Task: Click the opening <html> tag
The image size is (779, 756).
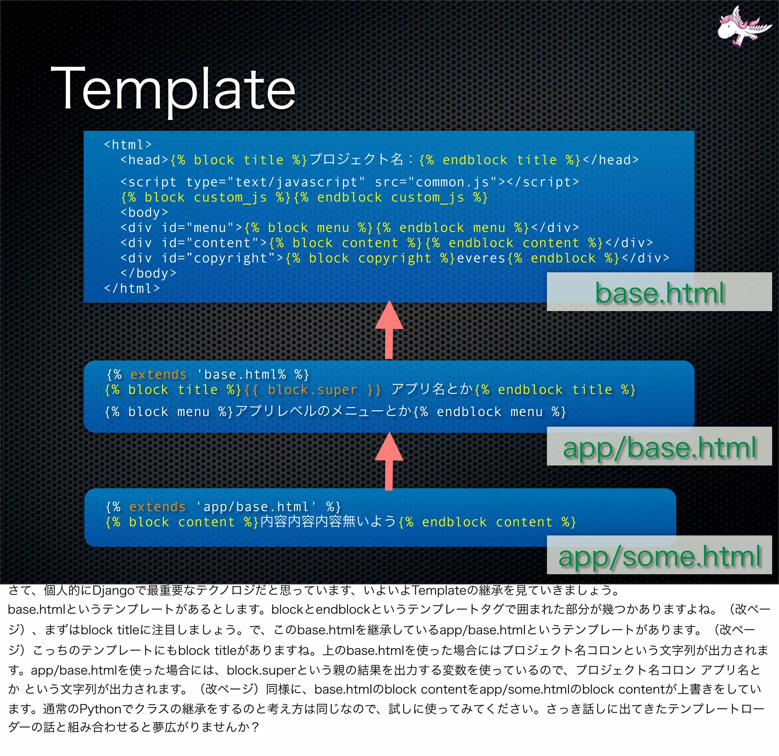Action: coord(127,145)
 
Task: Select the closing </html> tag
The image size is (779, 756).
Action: coord(132,288)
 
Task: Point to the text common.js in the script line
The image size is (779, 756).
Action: coord(452,182)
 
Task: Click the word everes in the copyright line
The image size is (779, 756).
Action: coord(481,258)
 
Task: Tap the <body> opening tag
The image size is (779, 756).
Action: coord(144,213)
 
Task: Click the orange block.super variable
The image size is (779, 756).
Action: coord(312,390)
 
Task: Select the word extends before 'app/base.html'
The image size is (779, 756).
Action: coord(157,507)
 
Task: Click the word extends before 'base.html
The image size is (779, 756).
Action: coord(158,375)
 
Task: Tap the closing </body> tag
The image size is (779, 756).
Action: coord(148,273)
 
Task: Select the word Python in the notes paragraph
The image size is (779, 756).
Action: coord(100,709)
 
